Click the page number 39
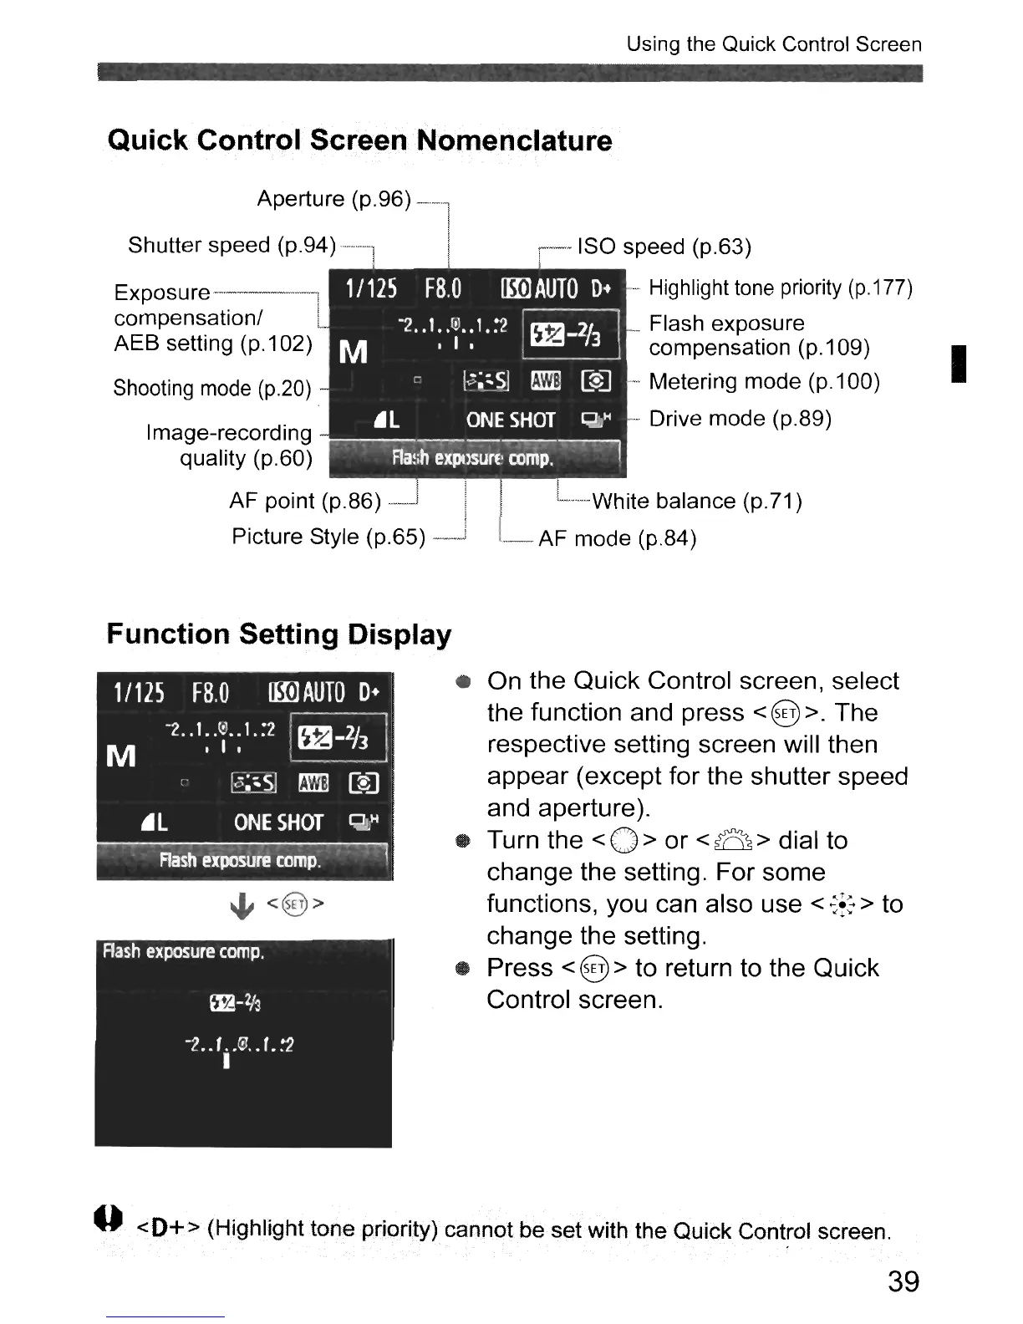[903, 1281]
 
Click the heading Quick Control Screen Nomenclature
[359, 140]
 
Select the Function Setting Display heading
[278, 634]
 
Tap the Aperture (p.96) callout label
[333, 199]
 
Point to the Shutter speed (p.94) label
[232, 245]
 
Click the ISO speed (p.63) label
[664, 247]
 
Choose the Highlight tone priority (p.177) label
[781, 288]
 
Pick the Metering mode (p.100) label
[764, 382]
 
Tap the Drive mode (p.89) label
[740, 418]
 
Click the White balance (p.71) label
[697, 502]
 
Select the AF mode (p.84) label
[617, 538]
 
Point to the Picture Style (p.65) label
[328, 537]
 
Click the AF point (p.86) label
[305, 502]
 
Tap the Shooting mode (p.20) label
[212, 389]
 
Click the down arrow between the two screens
[242, 906]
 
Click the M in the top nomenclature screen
[354, 353]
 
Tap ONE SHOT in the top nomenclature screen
[510, 420]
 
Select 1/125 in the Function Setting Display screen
[139, 693]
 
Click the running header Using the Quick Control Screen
[774, 44]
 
